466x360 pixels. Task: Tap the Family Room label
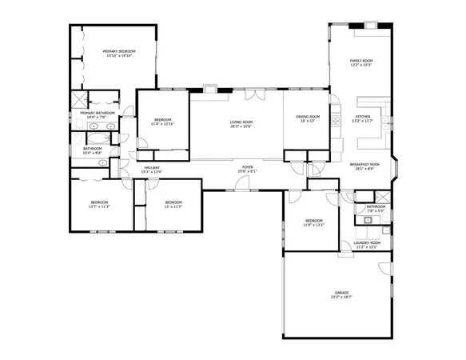pos(361,61)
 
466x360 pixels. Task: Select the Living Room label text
pos(241,121)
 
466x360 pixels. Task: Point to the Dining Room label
pos(308,117)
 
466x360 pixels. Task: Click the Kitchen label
pos(363,117)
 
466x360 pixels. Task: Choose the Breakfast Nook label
pos(364,164)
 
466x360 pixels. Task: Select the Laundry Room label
pos(367,242)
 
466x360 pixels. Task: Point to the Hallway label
pos(152,167)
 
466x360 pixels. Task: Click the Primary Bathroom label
pos(98,113)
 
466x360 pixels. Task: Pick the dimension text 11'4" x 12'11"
pos(162,125)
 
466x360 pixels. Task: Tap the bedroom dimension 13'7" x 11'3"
pos(99,206)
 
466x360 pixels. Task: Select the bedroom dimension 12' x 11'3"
pos(173,206)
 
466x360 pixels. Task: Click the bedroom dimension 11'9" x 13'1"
pos(313,225)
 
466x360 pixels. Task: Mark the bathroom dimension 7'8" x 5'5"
pos(376,211)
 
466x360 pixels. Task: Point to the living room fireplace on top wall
pos(211,89)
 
